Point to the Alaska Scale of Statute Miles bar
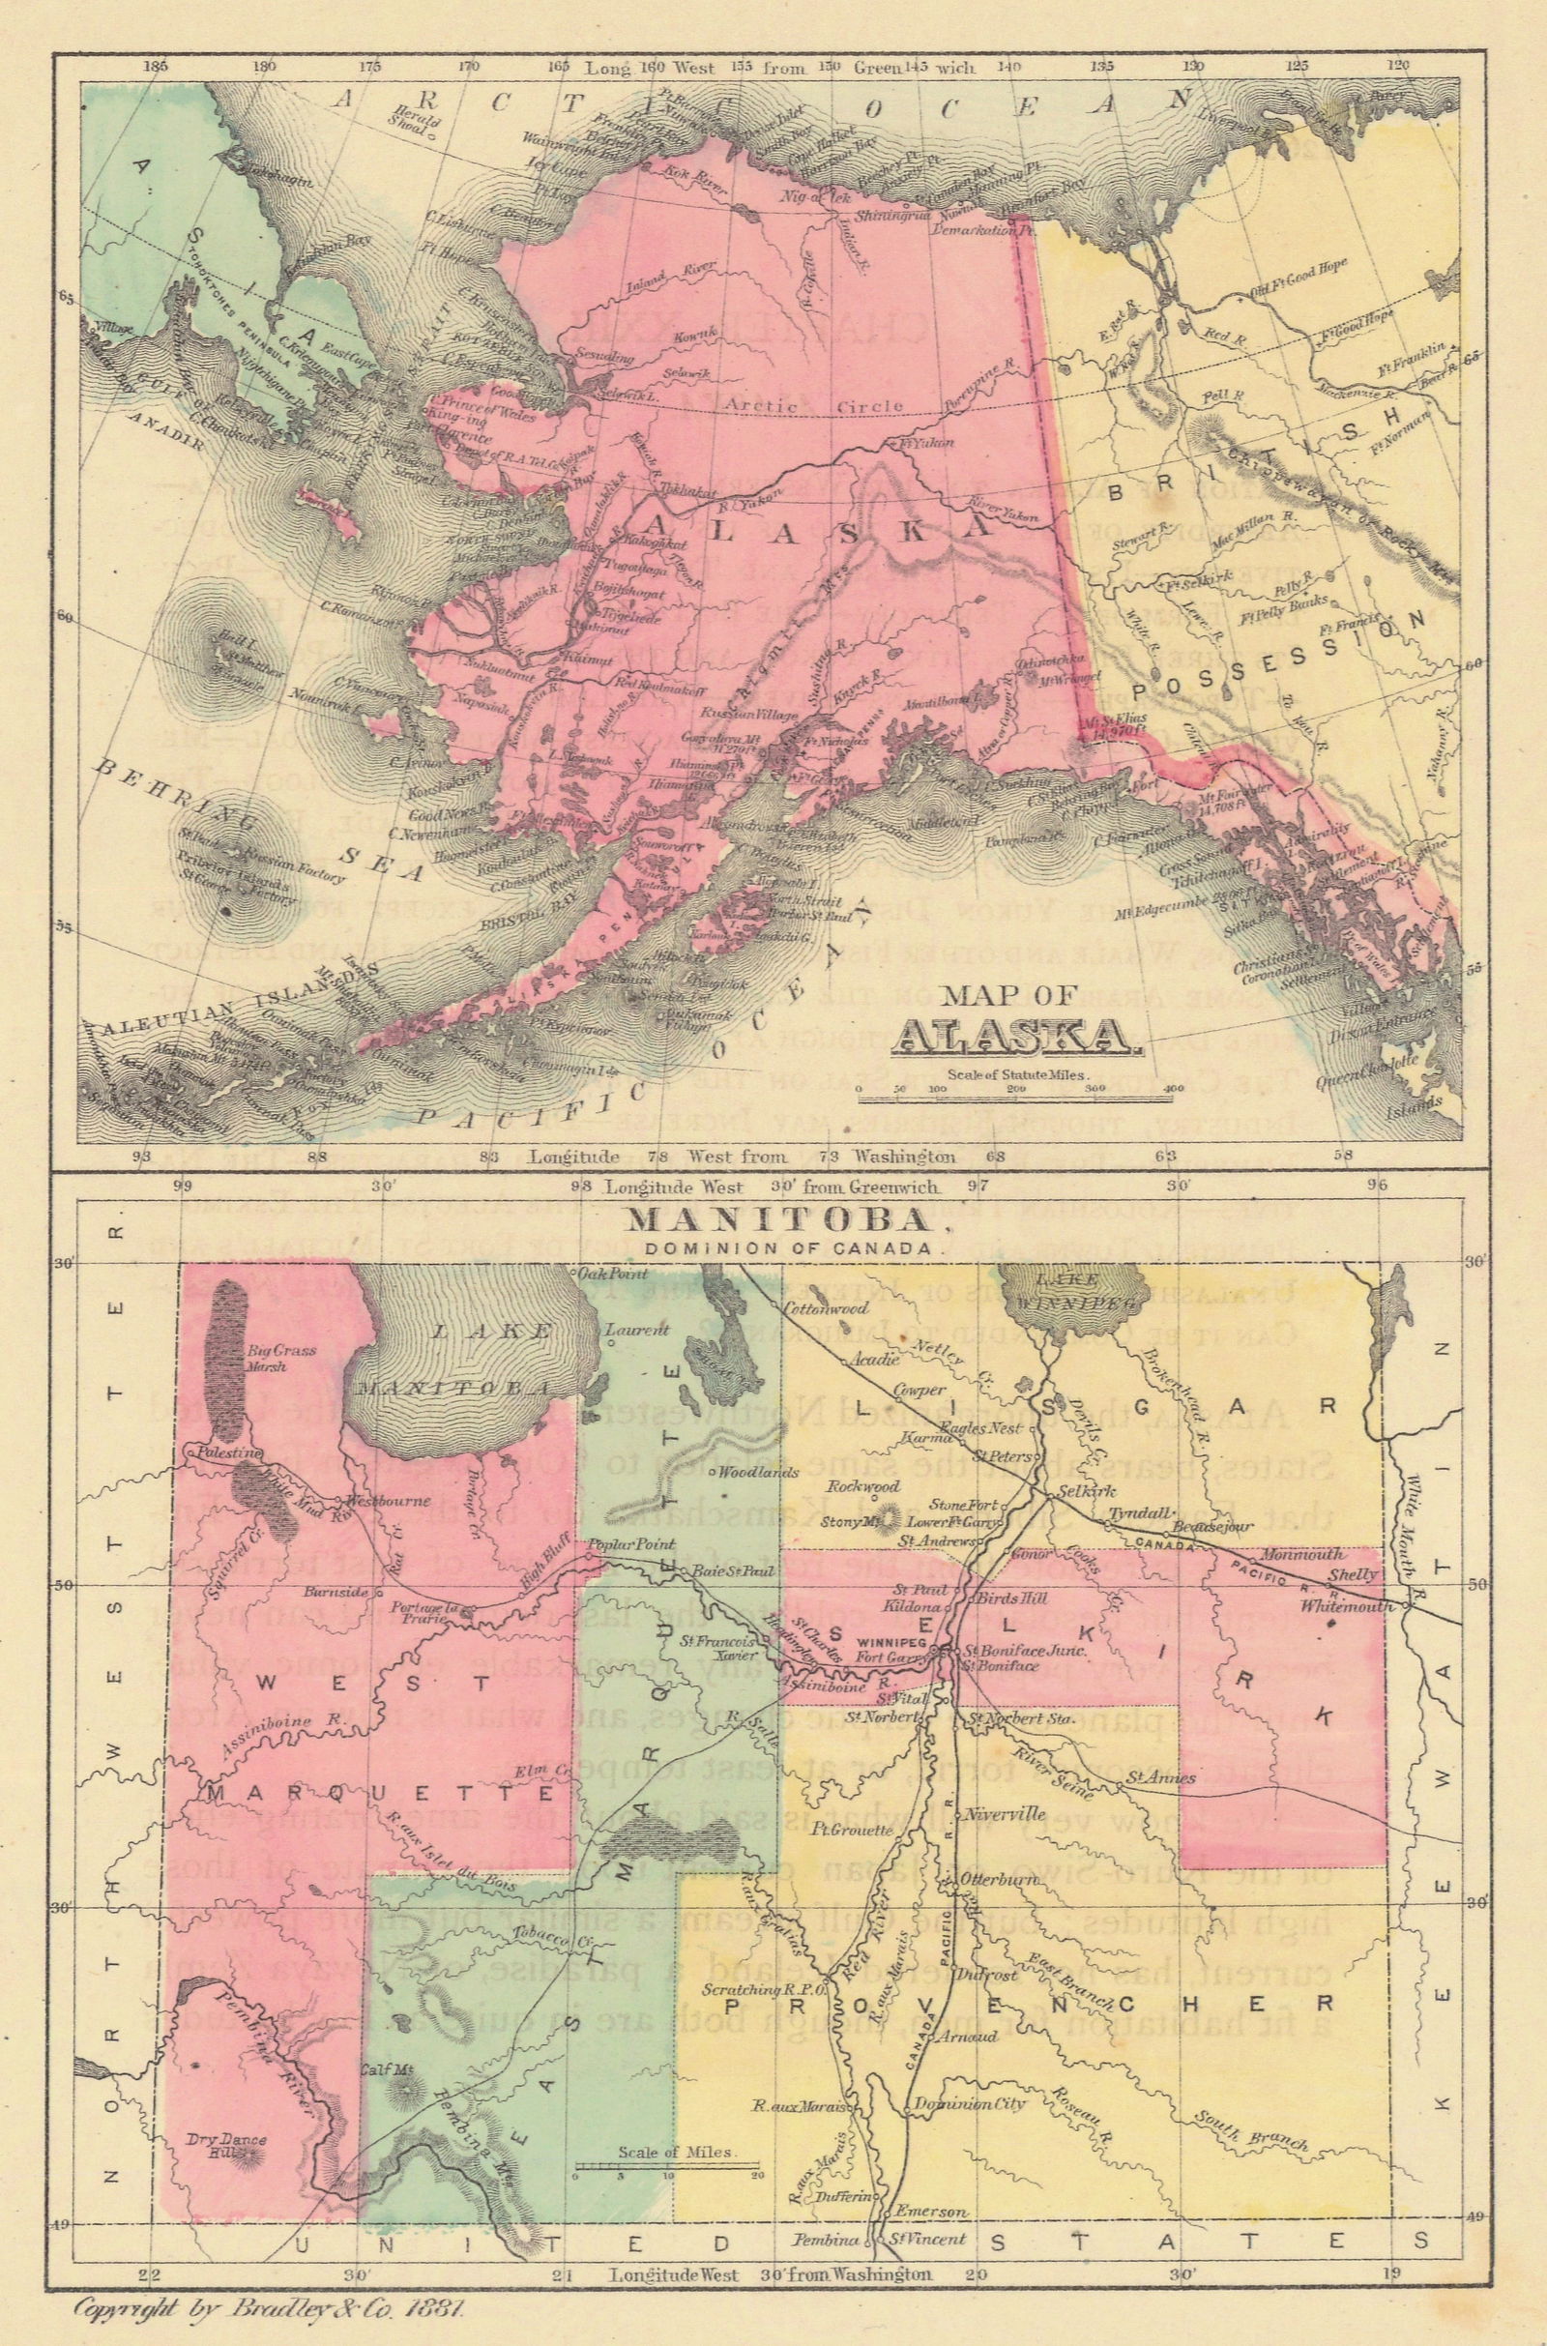(1017, 1091)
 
